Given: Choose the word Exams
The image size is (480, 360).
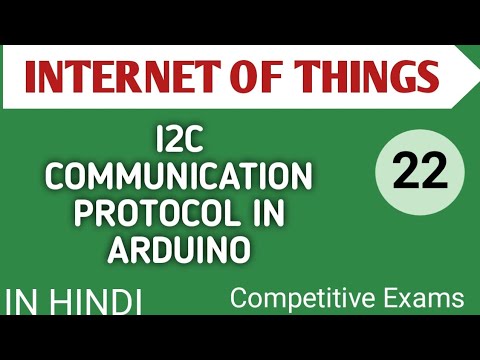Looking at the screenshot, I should pos(425,297).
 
